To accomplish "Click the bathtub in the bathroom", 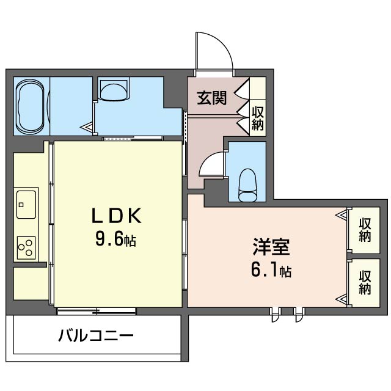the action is tap(30, 106).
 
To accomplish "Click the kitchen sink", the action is tap(26, 205).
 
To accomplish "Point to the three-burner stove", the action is tap(26, 247).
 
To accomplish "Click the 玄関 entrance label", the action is tap(212, 98).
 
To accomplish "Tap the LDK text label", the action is tap(117, 216).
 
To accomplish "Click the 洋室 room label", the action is tap(271, 246).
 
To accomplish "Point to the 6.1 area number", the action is tap(265, 271).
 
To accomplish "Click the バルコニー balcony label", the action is tap(96, 335).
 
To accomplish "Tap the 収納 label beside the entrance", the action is tap(258, 118).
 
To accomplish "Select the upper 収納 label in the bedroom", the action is tap(365, 230).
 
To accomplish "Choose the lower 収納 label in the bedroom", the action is tap(365, 282).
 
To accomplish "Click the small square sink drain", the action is tap(21, 205).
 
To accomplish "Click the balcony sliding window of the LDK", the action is tap(96, 311).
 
